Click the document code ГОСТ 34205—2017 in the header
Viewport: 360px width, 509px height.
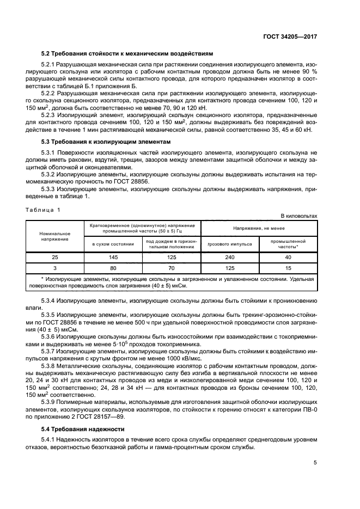(291, 36)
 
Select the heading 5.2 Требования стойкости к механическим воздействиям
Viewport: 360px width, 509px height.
(127, 53)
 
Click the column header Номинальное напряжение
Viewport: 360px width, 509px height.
(54, 236)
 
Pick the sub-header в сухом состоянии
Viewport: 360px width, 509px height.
(113, 244)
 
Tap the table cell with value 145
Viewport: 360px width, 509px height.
(113, 256)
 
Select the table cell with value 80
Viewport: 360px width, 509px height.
(113, 268)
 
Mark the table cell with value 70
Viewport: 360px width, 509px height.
(172, 268)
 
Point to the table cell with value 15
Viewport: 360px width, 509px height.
(288, 268)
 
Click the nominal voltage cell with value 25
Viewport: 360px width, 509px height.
(54, 256)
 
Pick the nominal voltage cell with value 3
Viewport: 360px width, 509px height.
(54, 268)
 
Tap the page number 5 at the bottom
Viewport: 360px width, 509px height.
(315, 463)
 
